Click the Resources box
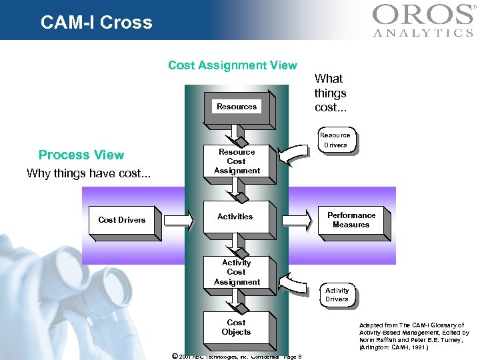coord(237,107)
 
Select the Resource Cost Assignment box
coord(237,162)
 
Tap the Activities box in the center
coord(235,217)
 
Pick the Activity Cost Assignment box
coord(237,273)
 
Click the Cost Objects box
coord(236,327)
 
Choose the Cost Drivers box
coord(122,220)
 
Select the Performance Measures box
coord(351,220)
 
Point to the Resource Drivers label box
coord(335,140)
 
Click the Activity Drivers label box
coord(337,295)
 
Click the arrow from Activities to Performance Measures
coord(296,219)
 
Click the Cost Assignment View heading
coord(233,65)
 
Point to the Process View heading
coord(81,155)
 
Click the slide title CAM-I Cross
coord(97,23)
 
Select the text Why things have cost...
coord(89,174)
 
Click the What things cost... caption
coord(330,93)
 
